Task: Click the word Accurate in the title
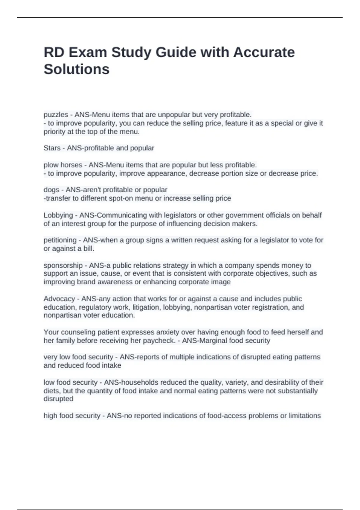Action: click(x=264, y=52)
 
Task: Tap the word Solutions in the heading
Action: click(x=76, y=69)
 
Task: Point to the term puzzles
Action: click(x=56, y=115)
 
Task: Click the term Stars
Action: click(x=52, y=148)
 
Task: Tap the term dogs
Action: click(x=51, y=190)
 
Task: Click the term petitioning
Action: click(x=60, y=240)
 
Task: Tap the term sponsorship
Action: click(x=63, y=265)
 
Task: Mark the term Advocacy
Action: click(x=59, y=299)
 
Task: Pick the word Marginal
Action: click(x=211, y=340)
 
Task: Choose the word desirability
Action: click(x=282, y=382)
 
